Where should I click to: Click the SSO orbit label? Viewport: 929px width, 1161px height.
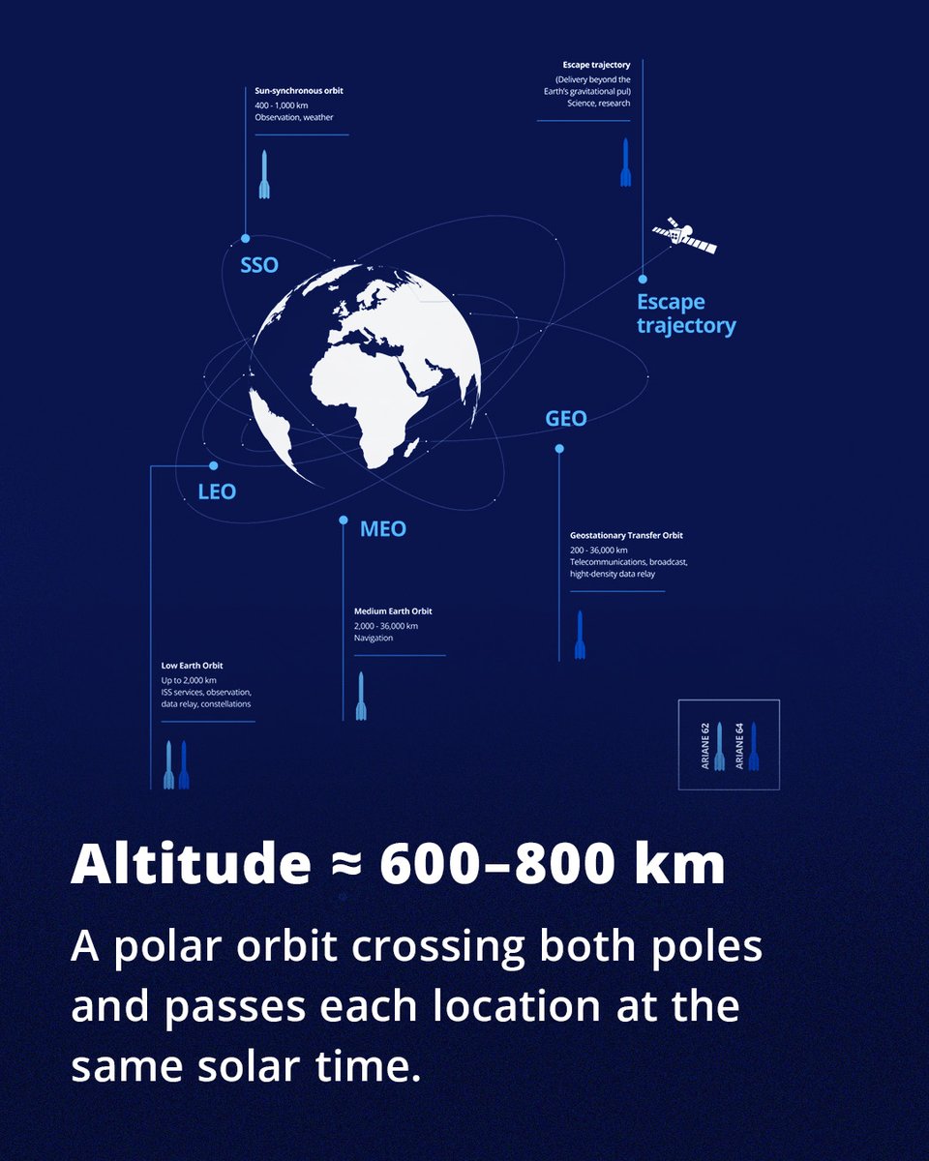point(258,264)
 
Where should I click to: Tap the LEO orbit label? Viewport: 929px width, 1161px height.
point(217,491)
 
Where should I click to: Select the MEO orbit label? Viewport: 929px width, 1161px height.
point(382,529)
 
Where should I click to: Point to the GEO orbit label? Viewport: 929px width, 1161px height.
point(566,419)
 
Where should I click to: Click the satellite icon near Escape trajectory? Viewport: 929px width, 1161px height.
point(684,235)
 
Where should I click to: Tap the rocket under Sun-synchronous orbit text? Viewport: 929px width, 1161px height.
point(264,174)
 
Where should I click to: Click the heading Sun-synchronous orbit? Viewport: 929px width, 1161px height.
point(299,91)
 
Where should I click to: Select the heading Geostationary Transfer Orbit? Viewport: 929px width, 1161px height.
point(627,535)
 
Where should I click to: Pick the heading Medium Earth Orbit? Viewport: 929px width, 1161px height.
point(393,611)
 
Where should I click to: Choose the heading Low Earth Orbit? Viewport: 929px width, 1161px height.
point(193,666)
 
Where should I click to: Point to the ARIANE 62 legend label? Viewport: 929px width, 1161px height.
point(705,745)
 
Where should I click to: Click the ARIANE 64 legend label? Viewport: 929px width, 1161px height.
point(739,745)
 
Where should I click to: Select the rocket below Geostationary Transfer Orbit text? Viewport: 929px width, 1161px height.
point(580,635)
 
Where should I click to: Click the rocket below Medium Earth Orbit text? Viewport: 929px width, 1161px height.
point(361,696)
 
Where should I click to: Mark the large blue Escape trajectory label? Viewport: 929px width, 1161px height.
point(685,313)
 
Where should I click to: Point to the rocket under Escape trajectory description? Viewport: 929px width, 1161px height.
point(625,162)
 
